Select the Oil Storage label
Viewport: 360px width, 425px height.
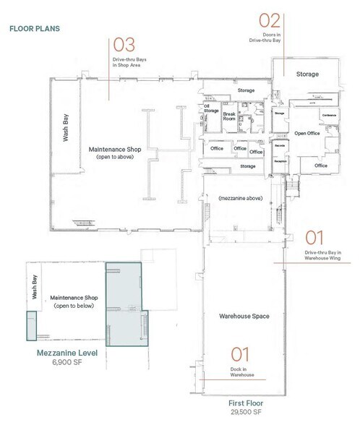tap(211, 110)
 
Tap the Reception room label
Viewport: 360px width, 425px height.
tap(278, 162)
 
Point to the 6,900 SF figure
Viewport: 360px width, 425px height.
tap(67, 365)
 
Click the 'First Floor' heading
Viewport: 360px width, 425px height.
tap(243, 403)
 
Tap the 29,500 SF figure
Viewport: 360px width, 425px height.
tap(243, 413)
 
